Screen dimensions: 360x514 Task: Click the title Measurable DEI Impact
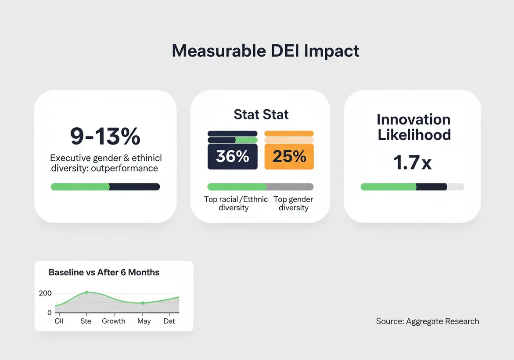(x=266, y=51)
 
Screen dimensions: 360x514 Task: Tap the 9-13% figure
(x=105, y=137)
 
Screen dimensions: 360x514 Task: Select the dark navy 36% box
(x=232, y=156)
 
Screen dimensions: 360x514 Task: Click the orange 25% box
(x=289, y=156)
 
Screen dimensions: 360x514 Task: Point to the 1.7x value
(x=412, y=163)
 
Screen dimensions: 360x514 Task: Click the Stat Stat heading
(x=261, y=115)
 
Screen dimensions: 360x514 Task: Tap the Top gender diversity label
(x=293, y=203)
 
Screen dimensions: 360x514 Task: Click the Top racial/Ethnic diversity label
(x=236, y=203)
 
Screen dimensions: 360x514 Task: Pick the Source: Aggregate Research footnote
(x=428, y=321)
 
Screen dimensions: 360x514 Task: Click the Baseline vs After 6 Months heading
(x=104, y=273)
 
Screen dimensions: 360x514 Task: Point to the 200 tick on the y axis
(x=46, y=293)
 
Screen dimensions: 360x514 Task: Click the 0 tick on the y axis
(x=50, y=313)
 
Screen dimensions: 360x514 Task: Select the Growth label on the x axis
(x=114, y=321)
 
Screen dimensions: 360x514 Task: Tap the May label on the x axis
(x=144, y=321)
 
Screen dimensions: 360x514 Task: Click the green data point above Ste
(x=86, y=292)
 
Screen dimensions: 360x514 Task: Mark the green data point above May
(x=143, y=303)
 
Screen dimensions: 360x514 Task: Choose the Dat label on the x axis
(x=169, y=321)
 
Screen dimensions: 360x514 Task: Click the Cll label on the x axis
(x=59, y=321)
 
